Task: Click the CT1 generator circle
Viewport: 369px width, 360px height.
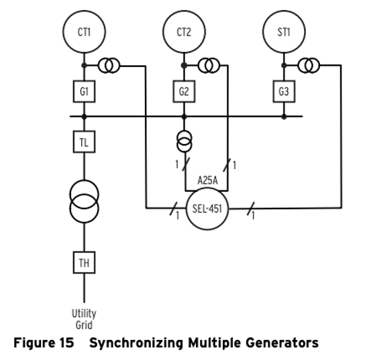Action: pos(84,32)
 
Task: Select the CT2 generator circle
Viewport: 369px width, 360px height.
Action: pos(184,32)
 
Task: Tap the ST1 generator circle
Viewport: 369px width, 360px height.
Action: pos(284,32)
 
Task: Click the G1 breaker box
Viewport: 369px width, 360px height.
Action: pos(84,91)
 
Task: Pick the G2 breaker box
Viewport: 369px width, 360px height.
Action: pos(184,91)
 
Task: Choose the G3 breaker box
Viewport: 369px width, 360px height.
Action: pos(284,91)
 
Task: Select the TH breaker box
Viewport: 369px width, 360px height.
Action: pos(84,263)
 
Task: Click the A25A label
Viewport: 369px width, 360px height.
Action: pos(207,180)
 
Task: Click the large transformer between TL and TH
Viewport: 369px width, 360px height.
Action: pos(84,202)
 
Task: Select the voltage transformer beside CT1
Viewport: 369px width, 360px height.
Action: pos(109,66)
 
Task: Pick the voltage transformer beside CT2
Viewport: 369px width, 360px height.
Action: pos(209,66)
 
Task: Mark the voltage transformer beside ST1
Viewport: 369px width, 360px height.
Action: pos(309,66)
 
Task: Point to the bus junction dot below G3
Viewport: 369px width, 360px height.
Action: pos(284,117)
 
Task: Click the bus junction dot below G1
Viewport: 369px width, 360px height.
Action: pos(84,117)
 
